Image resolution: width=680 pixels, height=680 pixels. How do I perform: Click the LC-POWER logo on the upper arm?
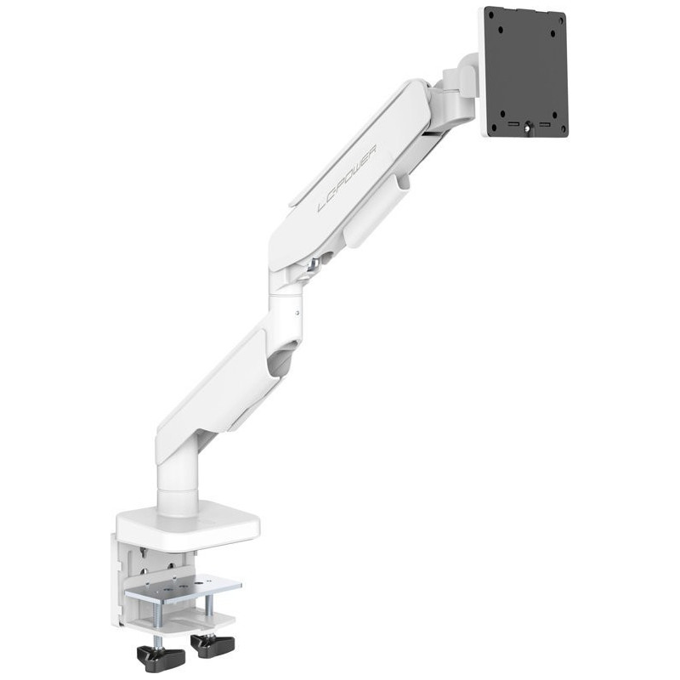pos(347,178)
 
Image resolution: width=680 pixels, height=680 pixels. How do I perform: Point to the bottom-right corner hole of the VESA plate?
pos(564,129)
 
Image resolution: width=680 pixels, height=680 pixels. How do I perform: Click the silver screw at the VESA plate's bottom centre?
pos(528,127)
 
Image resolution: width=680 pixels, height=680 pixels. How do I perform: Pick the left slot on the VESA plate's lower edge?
pos(513,125)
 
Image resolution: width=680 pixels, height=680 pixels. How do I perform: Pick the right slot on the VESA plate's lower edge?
pos(544,125)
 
